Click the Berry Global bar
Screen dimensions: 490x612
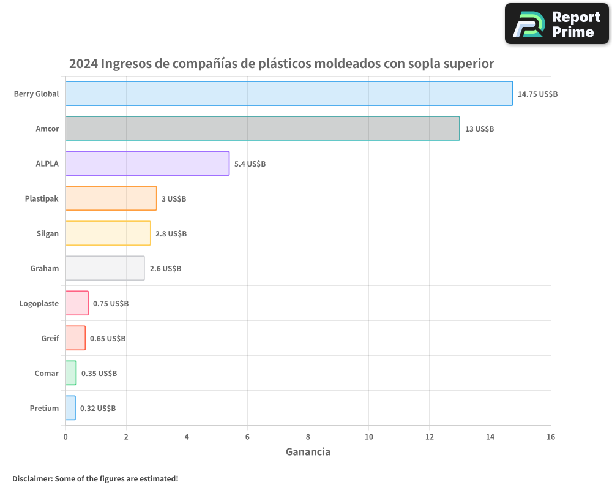tap(289, 93)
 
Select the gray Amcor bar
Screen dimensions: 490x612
tap(263, 128)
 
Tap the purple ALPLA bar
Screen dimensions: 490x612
tap(147, 163)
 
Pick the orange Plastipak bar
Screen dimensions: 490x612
tap(111, 198)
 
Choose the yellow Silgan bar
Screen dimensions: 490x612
tap(108, 233)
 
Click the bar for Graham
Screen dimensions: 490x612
tap(105, 268)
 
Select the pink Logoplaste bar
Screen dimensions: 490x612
tap(77, 303)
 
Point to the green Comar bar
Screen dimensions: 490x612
tap(71, 372)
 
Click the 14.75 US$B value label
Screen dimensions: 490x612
tap(537, 94)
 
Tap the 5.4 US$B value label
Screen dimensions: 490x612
tap(250, 164)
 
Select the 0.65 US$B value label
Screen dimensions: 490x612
tap(108, 338)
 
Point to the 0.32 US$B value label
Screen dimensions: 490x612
tap(98, 408)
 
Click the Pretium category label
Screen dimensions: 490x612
tap(44, 408)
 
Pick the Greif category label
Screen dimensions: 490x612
tap(50, 338)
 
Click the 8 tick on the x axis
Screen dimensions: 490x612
tap(308, 437)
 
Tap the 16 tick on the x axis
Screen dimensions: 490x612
tap(550, 437)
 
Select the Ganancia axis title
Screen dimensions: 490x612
tap(308, 452)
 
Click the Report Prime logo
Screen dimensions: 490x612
tap(556, 24)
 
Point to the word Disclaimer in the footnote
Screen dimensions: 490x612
tap(32, 478)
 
